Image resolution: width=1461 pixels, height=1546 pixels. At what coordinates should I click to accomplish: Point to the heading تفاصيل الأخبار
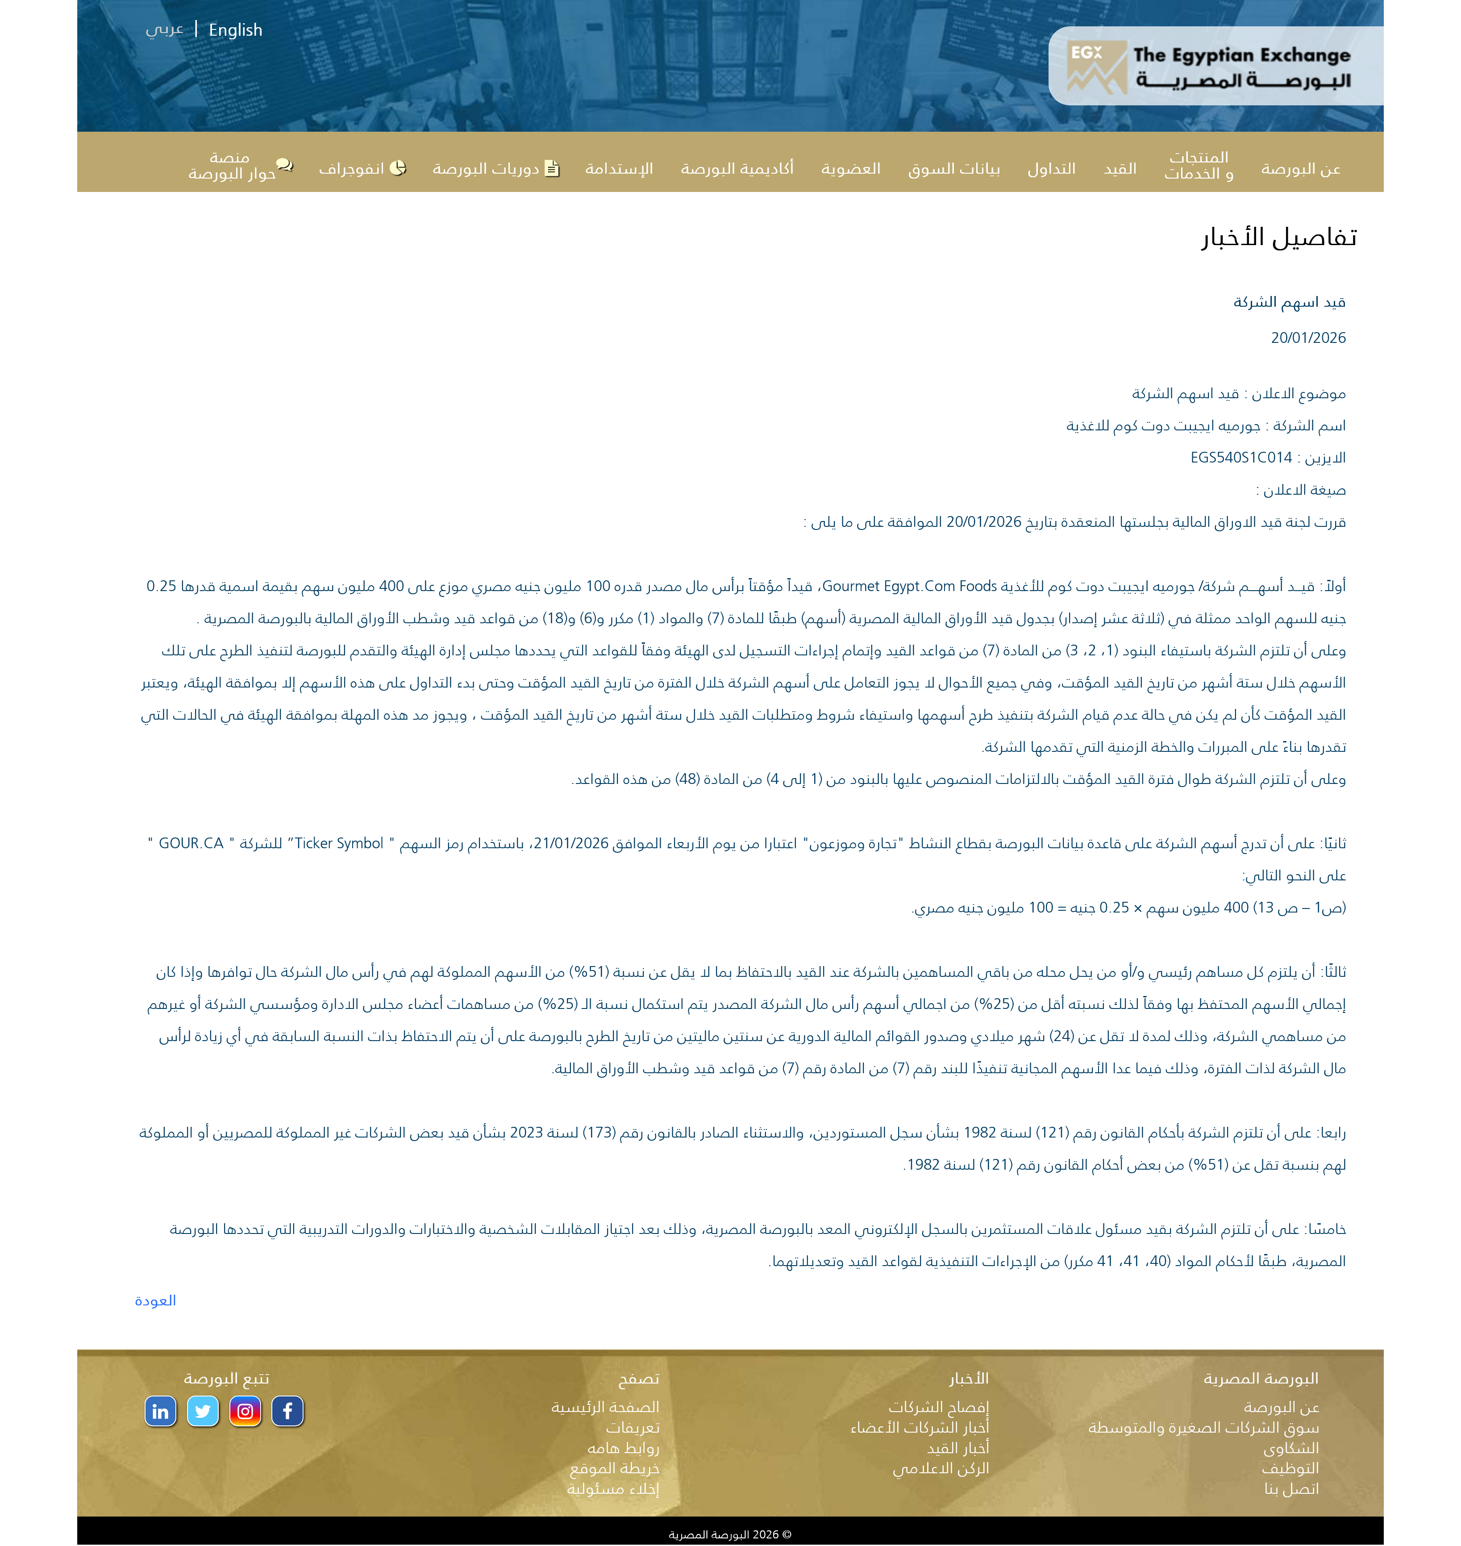pos(1279,238)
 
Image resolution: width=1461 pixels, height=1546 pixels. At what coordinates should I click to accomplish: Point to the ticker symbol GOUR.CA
pos(191,843)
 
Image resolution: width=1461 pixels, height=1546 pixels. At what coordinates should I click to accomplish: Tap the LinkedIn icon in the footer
pos(160,1411)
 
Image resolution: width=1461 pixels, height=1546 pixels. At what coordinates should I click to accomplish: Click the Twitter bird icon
pos(203,1411)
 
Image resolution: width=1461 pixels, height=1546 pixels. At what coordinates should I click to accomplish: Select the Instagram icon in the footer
pos(246,1411)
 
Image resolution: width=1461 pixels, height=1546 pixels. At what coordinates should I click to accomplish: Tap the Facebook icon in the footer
pos(287,1411)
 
